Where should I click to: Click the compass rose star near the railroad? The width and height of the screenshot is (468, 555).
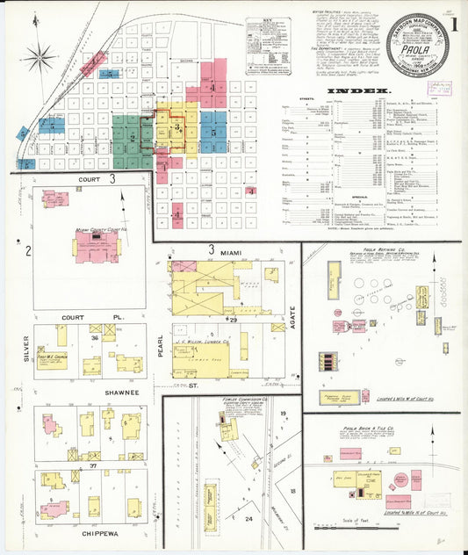(x=39, y=60)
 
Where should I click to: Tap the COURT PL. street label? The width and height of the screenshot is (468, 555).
(x=78, y=317)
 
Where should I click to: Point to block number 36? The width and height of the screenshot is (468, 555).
(x=95, y=338)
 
